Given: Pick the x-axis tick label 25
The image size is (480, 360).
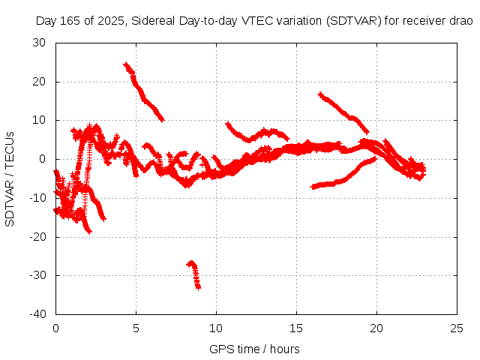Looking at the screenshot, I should pos(457,328).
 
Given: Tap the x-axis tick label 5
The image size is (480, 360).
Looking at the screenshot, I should pos(136,328).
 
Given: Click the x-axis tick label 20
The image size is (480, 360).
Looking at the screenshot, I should pos(376,328).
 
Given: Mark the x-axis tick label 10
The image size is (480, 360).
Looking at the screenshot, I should pos(216,328).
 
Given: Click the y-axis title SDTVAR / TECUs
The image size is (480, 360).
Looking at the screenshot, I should pos(10,178).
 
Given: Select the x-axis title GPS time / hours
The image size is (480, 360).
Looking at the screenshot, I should pos(255,349).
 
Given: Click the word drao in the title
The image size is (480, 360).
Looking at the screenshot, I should pos(461,21).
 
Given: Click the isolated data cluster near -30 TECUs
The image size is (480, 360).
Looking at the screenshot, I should pos(194,273).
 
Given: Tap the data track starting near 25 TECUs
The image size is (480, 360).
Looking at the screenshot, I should pos(143,91).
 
